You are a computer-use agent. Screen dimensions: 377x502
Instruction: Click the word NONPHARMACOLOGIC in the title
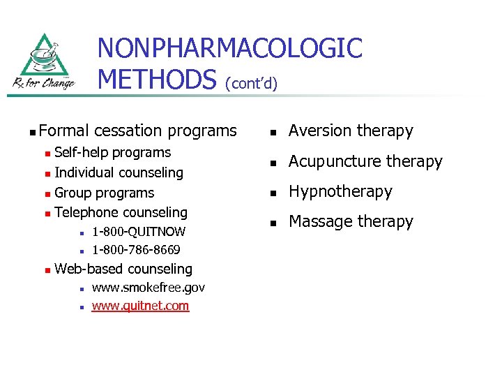[x=230, y=48]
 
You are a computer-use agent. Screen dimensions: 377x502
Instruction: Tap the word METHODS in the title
[x=157, y=79]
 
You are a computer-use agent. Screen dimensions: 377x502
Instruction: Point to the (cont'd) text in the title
[x=251, y=84]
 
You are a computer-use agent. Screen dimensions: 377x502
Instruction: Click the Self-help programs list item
[x=112, y=152]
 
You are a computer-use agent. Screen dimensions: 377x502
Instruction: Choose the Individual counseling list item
[x=119, y=172]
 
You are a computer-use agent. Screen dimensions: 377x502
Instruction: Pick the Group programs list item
[x=104, y=193]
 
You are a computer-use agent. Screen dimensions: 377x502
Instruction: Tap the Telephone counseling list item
[x=121, y=212]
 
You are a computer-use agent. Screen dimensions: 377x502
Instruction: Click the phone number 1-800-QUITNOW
[x=139, y=232]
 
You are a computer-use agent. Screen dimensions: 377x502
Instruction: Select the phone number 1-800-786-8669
[x=136, y=250]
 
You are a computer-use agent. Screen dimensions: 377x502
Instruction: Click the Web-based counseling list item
[x=123, y=269]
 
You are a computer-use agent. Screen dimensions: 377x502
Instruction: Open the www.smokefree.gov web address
[x=148, y=288]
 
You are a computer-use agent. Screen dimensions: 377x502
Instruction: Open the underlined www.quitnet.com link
[x=140, y=306]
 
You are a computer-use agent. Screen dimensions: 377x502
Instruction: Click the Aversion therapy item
[x=351, y=131]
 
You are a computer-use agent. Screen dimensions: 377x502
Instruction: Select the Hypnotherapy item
[x=340, y=191]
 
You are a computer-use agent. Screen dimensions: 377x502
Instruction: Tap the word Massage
[x=317, y=221]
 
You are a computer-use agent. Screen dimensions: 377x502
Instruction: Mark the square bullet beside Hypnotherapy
[x=275, y=192]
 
